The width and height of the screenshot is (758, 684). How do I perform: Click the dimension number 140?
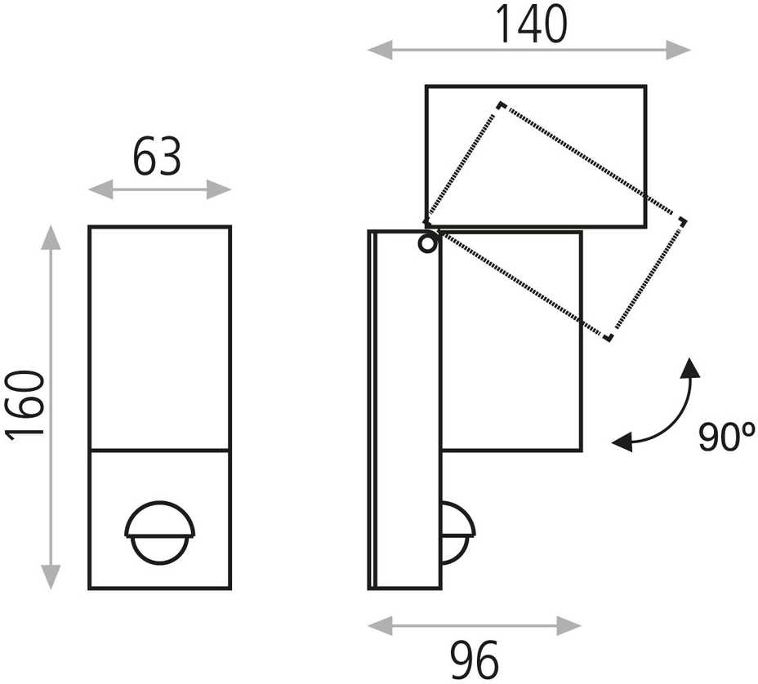pos(531,24)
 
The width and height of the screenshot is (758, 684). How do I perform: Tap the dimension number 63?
pos(157,157)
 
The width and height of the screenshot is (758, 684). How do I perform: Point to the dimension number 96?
pos(474,660)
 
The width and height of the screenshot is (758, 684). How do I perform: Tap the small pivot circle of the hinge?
pos(427,244)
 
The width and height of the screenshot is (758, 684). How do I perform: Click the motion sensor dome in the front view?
pos(160,532)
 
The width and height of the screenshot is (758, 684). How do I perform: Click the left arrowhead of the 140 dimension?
pos(380,50)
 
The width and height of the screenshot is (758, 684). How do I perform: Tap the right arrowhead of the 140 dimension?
pos(678,50)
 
